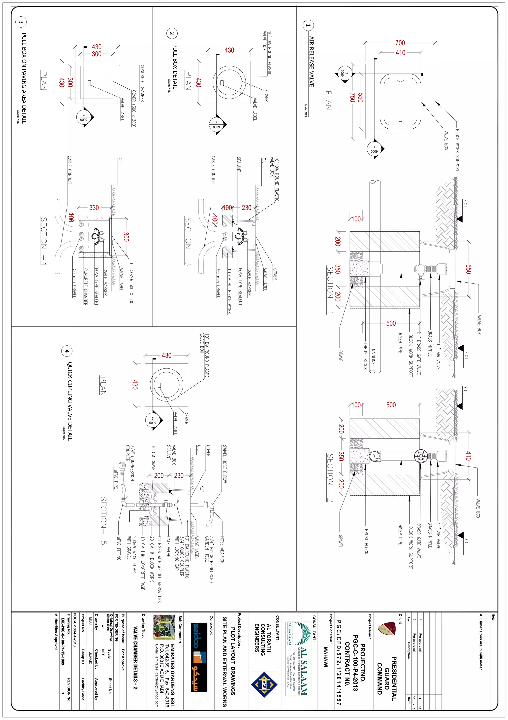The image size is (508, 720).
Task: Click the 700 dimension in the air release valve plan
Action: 400,43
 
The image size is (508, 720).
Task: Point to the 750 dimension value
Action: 352,97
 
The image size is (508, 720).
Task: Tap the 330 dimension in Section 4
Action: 94,208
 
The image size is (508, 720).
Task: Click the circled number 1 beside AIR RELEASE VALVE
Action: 308,25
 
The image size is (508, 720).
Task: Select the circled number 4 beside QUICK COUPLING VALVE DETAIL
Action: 66,351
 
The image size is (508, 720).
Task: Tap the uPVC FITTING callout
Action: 119,548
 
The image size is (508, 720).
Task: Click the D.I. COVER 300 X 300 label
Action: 131,284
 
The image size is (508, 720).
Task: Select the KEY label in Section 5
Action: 202,489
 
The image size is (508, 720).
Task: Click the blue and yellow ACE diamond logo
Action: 264,684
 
